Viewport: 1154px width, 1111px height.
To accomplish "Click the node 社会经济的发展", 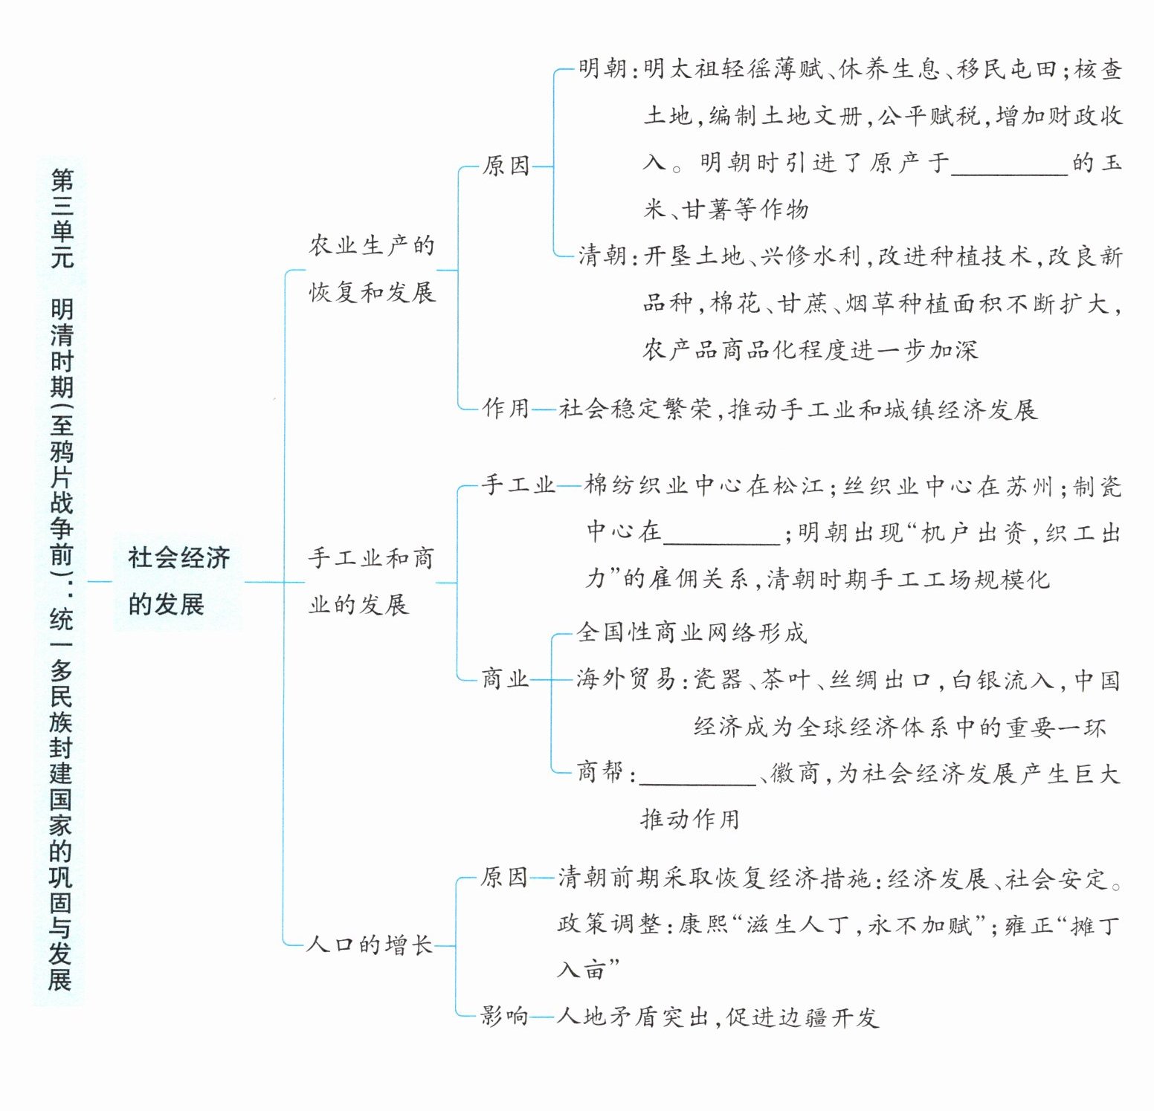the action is coord(178,581).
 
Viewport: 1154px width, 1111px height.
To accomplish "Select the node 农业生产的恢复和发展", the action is coord(372,268).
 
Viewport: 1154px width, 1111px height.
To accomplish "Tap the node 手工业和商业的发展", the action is coord(371,581).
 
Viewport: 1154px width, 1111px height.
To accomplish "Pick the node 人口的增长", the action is coord(370,945).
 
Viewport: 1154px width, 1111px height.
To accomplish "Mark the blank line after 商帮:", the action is coord(697,775).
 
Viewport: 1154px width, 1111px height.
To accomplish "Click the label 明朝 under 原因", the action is coord(602,69).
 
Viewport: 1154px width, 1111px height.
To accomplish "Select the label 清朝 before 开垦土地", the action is coord(602,256).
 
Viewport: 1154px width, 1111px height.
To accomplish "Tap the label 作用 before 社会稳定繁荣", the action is coord(506,408).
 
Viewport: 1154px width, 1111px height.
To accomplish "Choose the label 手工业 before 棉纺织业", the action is coord(518,485).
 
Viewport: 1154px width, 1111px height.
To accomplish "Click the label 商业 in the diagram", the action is coord(505,679).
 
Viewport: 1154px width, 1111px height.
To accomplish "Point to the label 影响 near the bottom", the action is coord(504,1016).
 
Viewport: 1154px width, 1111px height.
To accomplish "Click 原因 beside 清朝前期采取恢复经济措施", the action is coord(504,878).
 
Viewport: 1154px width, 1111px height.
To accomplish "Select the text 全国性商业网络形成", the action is coord(692,632).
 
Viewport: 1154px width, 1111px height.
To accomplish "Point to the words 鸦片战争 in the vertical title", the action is coord(61,490).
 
